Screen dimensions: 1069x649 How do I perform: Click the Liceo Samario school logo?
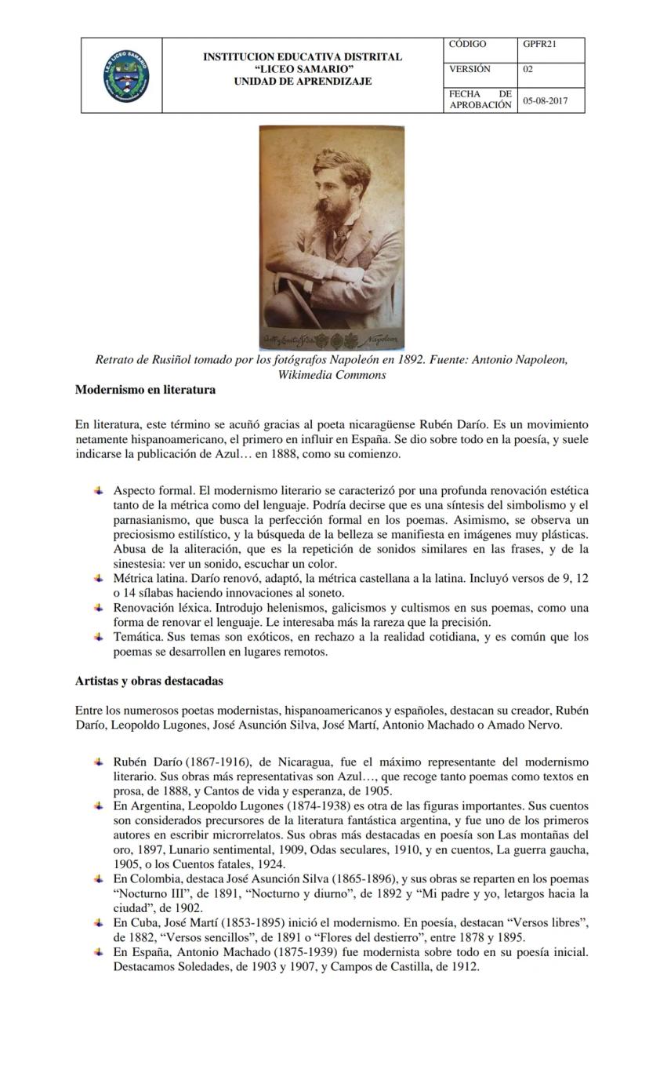point(125,76)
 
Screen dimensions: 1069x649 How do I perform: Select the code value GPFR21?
point(539,45)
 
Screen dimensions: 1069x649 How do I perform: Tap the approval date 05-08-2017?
point(546,101)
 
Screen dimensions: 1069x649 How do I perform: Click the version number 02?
point(528,70)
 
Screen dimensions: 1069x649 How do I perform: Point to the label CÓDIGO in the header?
point(467,45)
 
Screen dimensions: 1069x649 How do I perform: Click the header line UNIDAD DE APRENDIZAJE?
point(303,82)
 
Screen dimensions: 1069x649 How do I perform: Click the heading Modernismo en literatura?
point(145,390)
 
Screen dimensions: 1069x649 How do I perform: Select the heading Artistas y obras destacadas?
point(149,681)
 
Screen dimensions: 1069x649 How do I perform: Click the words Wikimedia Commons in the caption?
point(332,375)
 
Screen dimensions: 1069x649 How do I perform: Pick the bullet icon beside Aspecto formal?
point(99,490)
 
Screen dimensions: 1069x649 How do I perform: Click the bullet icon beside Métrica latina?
point(99,578)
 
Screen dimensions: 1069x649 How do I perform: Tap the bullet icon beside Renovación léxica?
point(99,608)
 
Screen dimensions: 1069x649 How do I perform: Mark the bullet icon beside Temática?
point(99,637)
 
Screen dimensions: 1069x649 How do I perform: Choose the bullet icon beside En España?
point(99,952)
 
